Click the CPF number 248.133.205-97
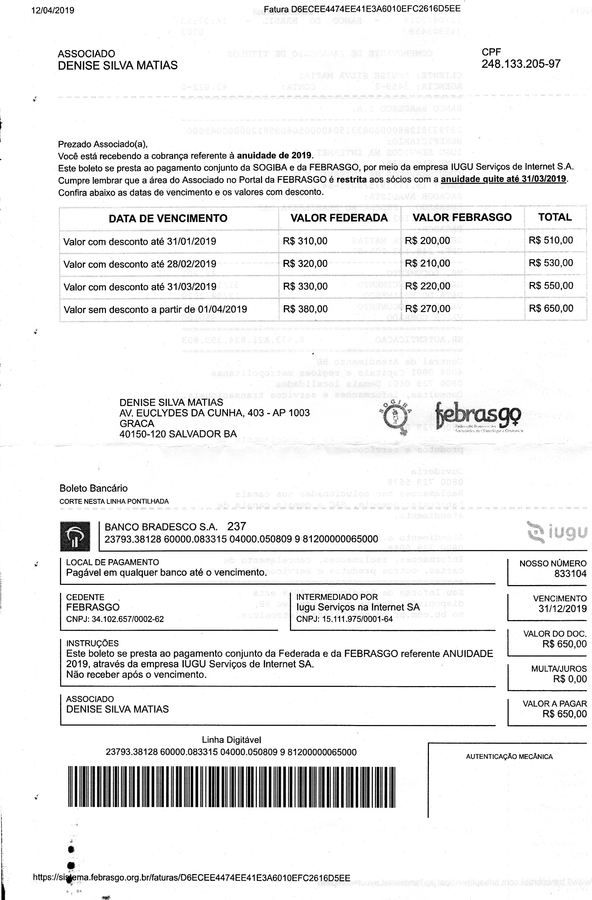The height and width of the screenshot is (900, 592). click(x=521, y=64)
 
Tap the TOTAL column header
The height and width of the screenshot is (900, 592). click(x=555, y=218)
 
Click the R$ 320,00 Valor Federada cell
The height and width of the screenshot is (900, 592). click(x=305, y=263)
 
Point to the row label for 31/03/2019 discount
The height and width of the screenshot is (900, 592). click(x=140, y=287)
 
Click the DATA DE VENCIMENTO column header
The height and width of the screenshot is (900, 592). click(x=168, y=218)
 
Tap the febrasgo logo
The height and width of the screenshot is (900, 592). click(x=478, y=417)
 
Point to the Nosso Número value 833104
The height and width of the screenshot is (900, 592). click(x=570, y=574)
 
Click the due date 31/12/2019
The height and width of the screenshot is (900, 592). click(x=562, y=609)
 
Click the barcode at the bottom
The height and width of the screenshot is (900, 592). click(x=232, y=787)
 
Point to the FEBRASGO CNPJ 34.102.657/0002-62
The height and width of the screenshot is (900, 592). click(x=115, y=619)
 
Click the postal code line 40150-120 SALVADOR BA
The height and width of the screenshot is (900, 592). click(x=178, y=434)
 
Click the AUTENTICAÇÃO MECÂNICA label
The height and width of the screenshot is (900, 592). click(x=509, y=757)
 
